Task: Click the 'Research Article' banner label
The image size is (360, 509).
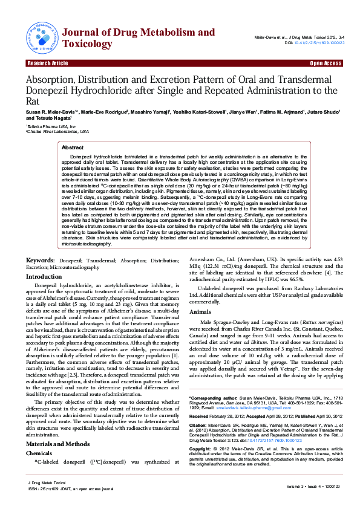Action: click(x=47, y=63)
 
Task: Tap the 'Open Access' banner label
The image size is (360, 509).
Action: click(x=326, y=63)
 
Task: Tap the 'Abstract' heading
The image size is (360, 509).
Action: click(x=73, y=147)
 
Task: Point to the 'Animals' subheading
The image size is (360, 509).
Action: click(x=200, y=311)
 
